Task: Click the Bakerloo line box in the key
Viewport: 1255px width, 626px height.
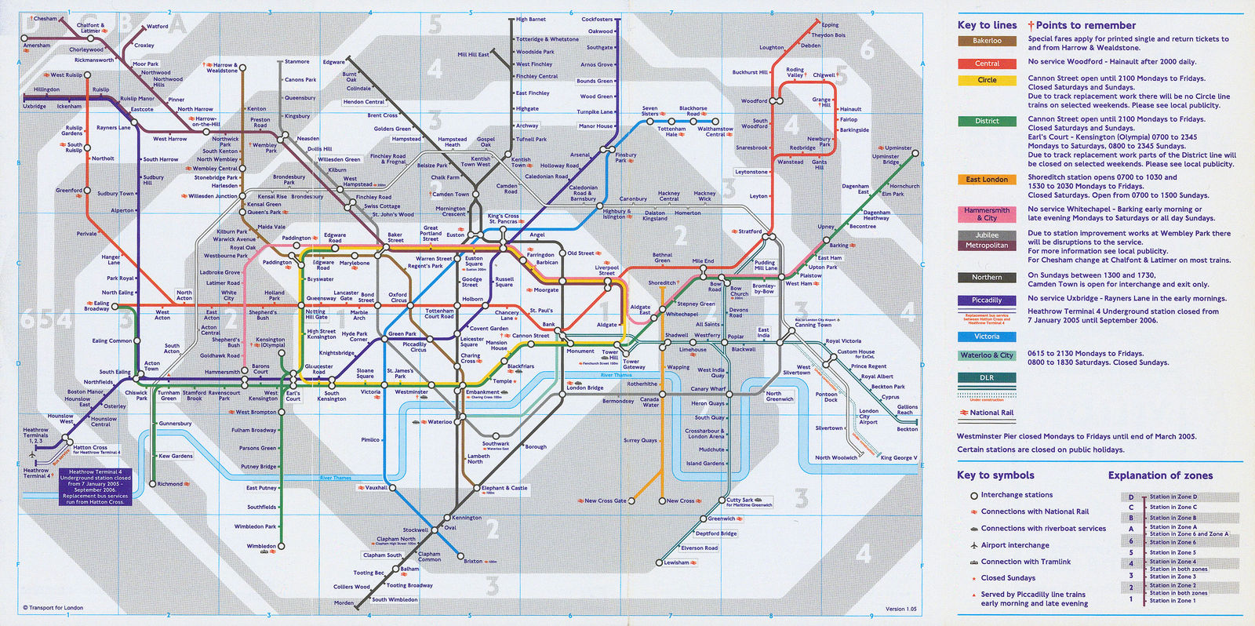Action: tap(987, 41)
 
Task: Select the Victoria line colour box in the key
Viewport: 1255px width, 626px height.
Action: tap(987, 337)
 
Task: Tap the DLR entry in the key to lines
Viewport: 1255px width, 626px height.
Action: tap(987, 377)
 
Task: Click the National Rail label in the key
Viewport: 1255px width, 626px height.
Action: tap(991, 413)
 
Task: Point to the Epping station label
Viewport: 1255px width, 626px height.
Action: tap(830, 25)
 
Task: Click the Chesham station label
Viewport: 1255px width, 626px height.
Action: tap(45, 19)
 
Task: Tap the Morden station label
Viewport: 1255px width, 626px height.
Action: tap(344, 603)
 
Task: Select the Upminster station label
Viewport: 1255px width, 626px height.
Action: tap(898, 147)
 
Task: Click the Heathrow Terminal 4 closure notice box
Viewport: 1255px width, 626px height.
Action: tap(96, 486)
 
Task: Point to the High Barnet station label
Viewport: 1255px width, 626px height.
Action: tap(531, 20)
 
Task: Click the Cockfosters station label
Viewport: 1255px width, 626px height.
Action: tap(597, 20)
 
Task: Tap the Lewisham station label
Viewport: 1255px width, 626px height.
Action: tap(676, 562)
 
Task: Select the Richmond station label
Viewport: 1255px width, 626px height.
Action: tap(170, 484)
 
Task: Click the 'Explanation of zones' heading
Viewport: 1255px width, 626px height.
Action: tap(1160, 475)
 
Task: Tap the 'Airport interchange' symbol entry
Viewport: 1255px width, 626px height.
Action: tap(1015, 545)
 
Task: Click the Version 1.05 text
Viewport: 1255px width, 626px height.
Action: tap(900, 609)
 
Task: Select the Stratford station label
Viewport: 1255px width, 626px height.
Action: tap(750, 231)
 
